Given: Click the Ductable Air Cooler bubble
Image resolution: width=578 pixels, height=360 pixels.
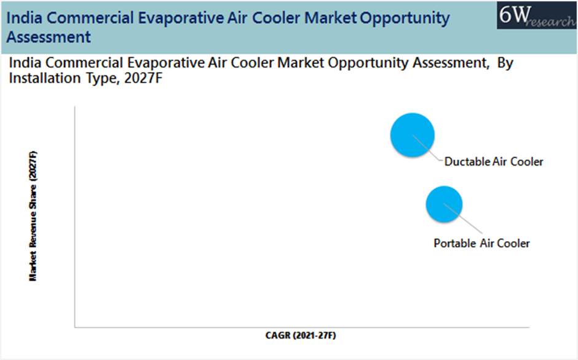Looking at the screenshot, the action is pos(413,135).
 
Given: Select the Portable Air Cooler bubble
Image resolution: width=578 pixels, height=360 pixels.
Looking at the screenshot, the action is pos(444,204).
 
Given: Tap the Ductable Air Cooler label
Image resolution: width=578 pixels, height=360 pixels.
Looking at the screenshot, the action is pos(494,162).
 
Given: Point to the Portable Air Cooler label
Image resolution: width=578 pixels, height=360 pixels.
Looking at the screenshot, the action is pos(481,244).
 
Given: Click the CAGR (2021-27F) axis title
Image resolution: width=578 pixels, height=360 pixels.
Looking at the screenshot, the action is pos(301,335).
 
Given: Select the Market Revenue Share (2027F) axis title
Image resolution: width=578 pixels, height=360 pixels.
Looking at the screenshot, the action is pos(33,216).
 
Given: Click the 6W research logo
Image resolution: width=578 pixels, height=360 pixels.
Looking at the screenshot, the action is pos(537,15).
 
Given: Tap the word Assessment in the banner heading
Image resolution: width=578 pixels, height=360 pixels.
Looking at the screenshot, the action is pos(49,37).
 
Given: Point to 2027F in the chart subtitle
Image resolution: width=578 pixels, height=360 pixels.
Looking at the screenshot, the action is pos(143,78).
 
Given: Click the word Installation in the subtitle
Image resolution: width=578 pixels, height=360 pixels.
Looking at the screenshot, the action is pos(45,78).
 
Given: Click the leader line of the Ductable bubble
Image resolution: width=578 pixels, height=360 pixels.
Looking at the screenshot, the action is pos(427,148).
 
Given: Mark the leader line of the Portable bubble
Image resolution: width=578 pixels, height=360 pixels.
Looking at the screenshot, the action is pos(462,218).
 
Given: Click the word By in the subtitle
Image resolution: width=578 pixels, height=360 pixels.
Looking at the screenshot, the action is pos(505,63).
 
